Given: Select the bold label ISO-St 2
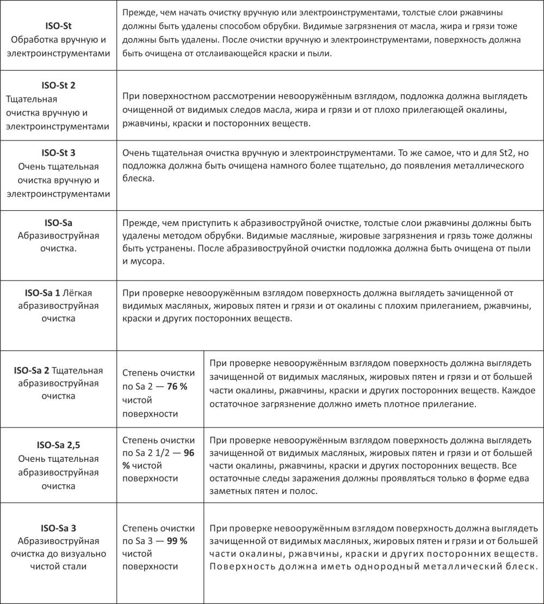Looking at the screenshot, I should click(x=58, y=86).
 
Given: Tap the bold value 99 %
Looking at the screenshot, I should click(x=176, y=541).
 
